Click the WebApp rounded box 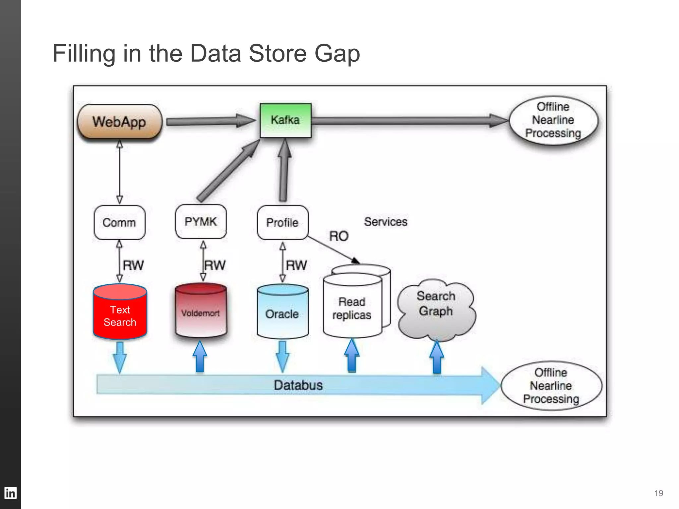coord(119,122)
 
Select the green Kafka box coord(285,120)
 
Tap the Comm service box coord(119,222)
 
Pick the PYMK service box coord(201,221)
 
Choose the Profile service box coord(282,222)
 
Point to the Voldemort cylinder coord(201,312)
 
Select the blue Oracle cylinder coord(282,313)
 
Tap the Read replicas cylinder coord(352,308)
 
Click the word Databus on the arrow coord(298,385)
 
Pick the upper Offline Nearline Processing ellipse coord(553,120)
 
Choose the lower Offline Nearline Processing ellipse coord(551,386)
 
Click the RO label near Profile coord(339,236)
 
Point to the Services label coord(386,222)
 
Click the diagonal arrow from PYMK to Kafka coord(229,171)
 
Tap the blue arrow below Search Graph coord(437,358)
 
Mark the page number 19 coord(658,493)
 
